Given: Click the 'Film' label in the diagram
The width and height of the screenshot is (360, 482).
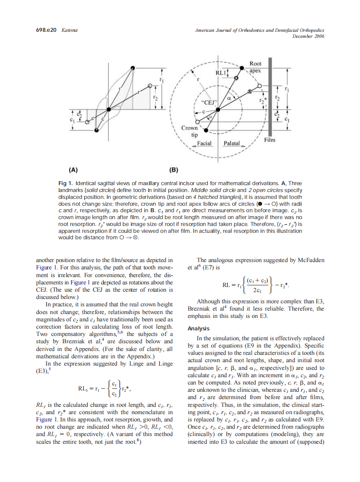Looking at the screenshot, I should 270,140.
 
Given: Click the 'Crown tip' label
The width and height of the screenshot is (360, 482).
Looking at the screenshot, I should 189,131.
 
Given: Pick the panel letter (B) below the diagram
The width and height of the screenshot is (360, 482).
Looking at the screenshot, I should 175,170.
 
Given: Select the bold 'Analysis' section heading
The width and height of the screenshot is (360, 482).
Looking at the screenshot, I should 198,328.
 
